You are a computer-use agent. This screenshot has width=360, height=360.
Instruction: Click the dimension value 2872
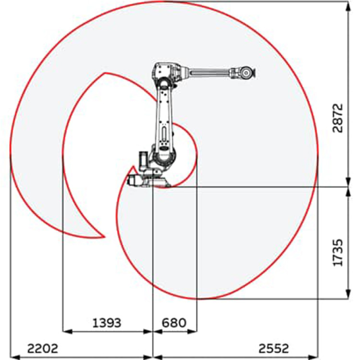[x=337, y=118]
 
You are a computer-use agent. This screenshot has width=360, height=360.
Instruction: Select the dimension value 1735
[x=337, y=253]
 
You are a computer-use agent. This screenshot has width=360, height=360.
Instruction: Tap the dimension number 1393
[x=107, y=323]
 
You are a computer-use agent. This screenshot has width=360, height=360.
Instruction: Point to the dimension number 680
[x=174, y=323]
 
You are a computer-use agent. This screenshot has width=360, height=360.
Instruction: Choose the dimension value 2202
[x=43, y=348]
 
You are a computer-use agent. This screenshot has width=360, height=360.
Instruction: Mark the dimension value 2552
[x=274, y=348]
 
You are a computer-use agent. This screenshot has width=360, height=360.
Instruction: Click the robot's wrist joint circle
[x=246, y=73]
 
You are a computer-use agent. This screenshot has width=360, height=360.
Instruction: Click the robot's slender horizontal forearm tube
[x=210, y=72]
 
